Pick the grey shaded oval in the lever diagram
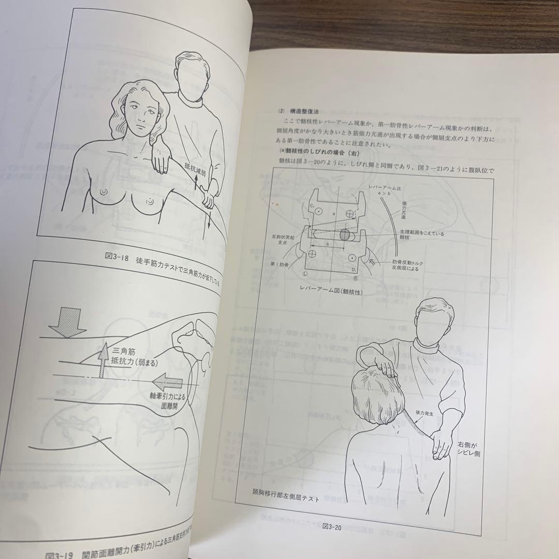(345, 234)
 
